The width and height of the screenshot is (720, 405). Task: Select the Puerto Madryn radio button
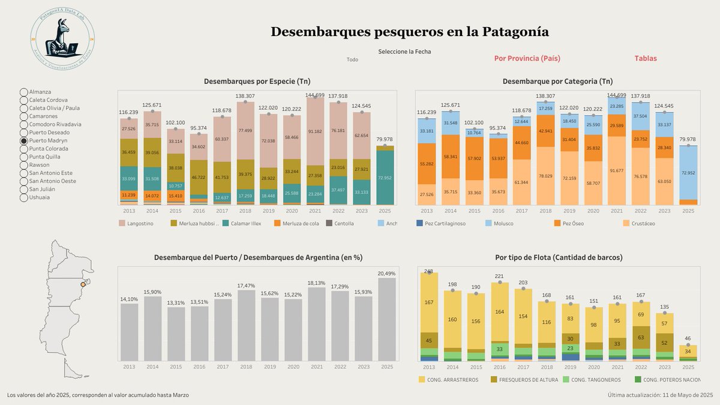point(24,140)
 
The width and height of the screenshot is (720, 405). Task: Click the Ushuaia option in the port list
point(24,197)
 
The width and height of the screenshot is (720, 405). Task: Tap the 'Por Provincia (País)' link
point(527,58)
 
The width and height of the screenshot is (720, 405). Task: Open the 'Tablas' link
point(646,58)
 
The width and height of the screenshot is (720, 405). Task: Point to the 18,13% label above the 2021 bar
point(317,283)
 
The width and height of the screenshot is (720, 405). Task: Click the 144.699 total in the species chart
point(315,95)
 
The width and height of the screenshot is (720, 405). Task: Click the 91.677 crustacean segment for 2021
point(616,170)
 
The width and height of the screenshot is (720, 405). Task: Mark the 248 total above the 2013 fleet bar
point(428,271)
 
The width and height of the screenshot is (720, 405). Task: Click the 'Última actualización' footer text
point(659,395)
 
